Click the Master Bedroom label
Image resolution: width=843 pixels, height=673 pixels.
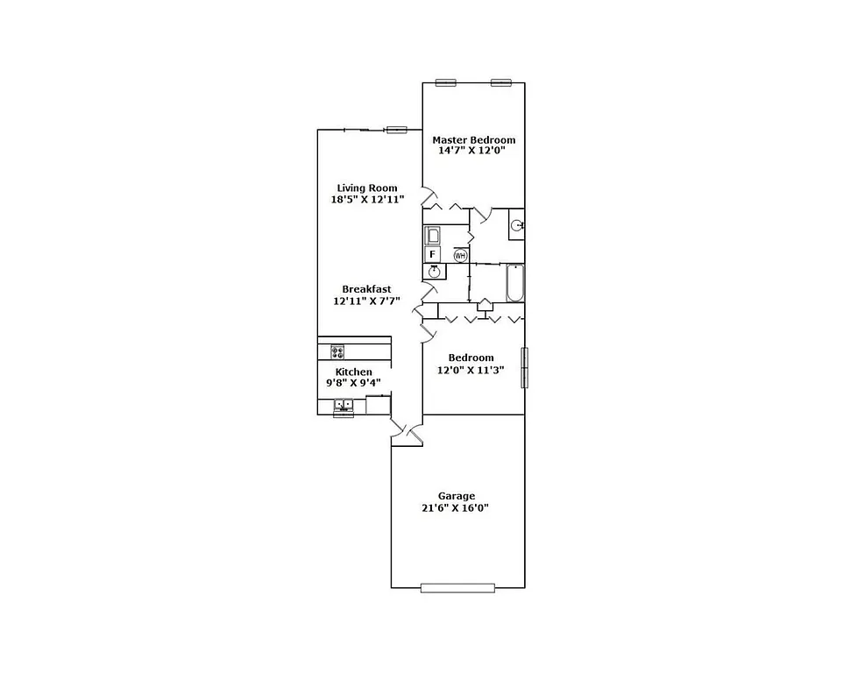(x=473, y=140)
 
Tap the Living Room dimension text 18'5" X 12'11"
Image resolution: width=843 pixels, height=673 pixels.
(x=367, y=200)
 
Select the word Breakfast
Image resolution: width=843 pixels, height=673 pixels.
(x=366, y=289)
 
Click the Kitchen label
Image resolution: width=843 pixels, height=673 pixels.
(x=354, y=372)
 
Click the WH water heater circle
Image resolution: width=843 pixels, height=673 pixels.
(x=460, y=255)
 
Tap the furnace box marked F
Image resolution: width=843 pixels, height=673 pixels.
(x=432, y=254)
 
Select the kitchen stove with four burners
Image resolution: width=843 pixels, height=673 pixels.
(x=337, y=351)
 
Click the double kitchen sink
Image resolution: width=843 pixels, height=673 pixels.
(x=343, y=405)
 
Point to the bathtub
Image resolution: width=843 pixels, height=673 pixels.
(x=515, y=283)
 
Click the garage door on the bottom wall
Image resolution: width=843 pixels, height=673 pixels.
(x=457, y=588)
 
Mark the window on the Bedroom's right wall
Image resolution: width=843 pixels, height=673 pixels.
(x=526, y=368)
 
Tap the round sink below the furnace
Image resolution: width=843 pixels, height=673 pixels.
(x=434, y=272)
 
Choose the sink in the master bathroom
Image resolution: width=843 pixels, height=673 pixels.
(x=517, y=225)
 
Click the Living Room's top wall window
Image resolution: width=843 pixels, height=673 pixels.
(x=397, y=130)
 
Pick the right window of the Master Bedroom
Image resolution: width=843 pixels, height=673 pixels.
(x=501, y=82)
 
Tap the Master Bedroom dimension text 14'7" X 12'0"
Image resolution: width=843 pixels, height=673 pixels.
(x=473, y=152)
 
